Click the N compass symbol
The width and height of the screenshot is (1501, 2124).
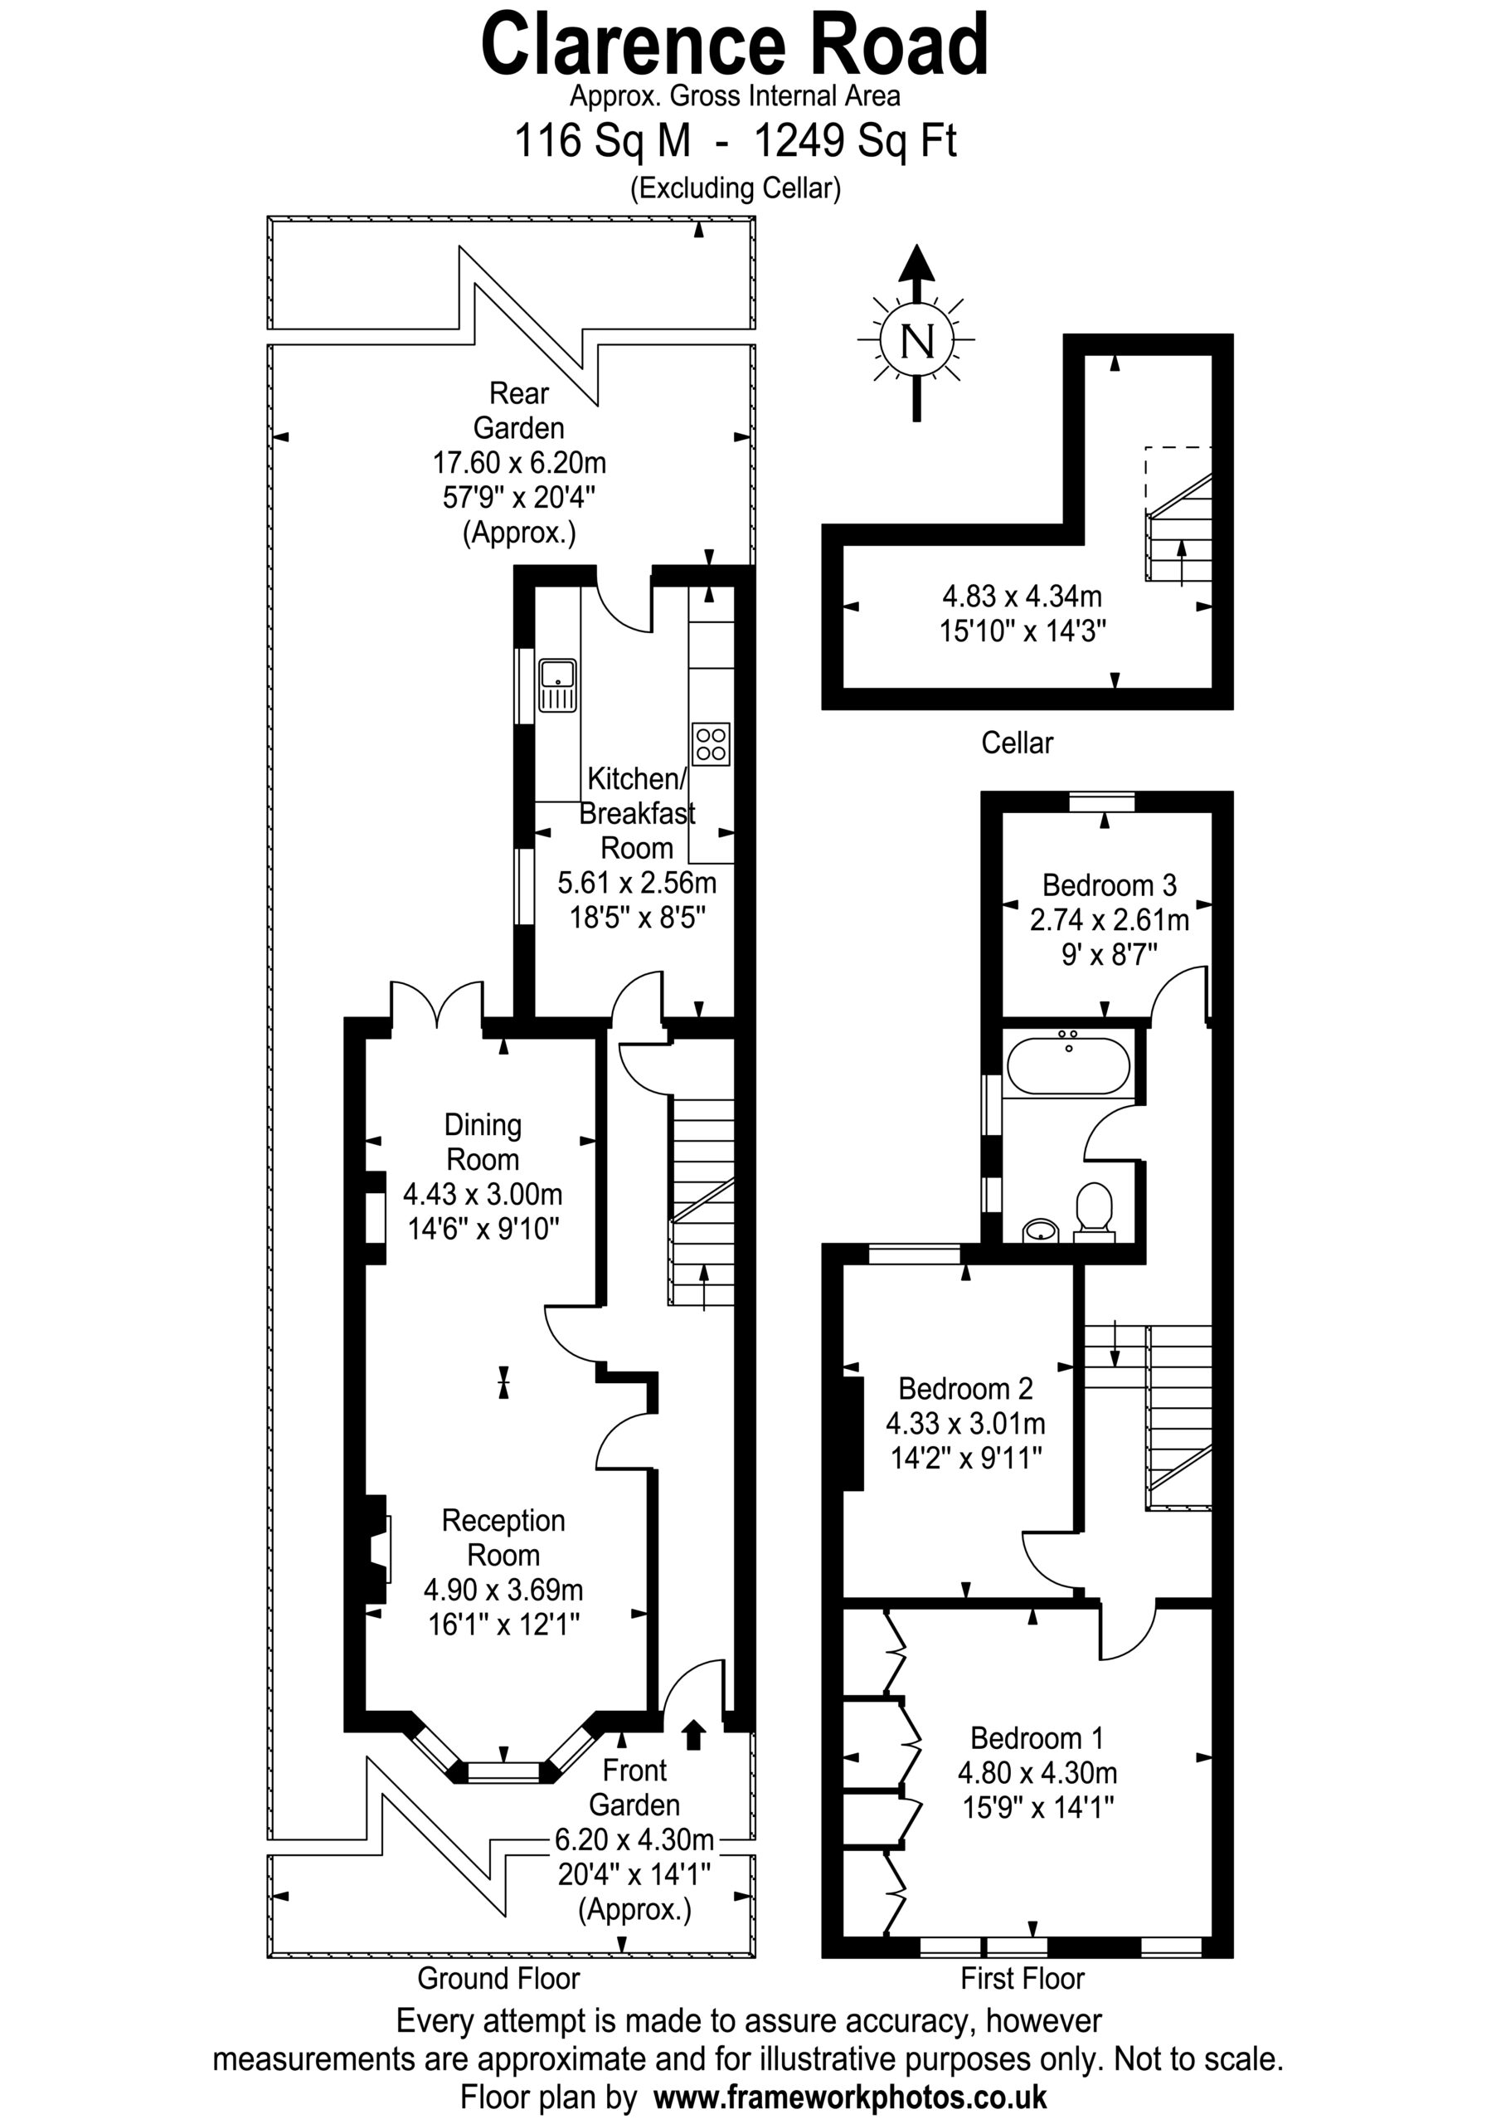916,340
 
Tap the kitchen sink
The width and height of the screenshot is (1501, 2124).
557,684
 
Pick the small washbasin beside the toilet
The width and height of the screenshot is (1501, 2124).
1042,1230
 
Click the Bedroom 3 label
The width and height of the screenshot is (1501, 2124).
1109,885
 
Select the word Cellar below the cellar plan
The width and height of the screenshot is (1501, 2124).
1018,743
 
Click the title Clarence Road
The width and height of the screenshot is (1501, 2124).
736,45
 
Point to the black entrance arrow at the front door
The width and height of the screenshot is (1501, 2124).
693,1736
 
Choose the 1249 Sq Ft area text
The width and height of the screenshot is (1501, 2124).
856,140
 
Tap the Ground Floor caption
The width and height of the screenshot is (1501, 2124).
498,1979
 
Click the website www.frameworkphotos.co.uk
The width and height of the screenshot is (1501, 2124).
850,2097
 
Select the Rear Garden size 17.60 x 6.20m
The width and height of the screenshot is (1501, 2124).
520,462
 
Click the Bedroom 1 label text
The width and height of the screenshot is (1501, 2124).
1037,1738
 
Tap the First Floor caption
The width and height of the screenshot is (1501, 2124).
1022,1979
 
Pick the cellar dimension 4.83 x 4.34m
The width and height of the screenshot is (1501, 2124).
1022,596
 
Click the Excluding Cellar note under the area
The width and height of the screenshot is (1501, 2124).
736,188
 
